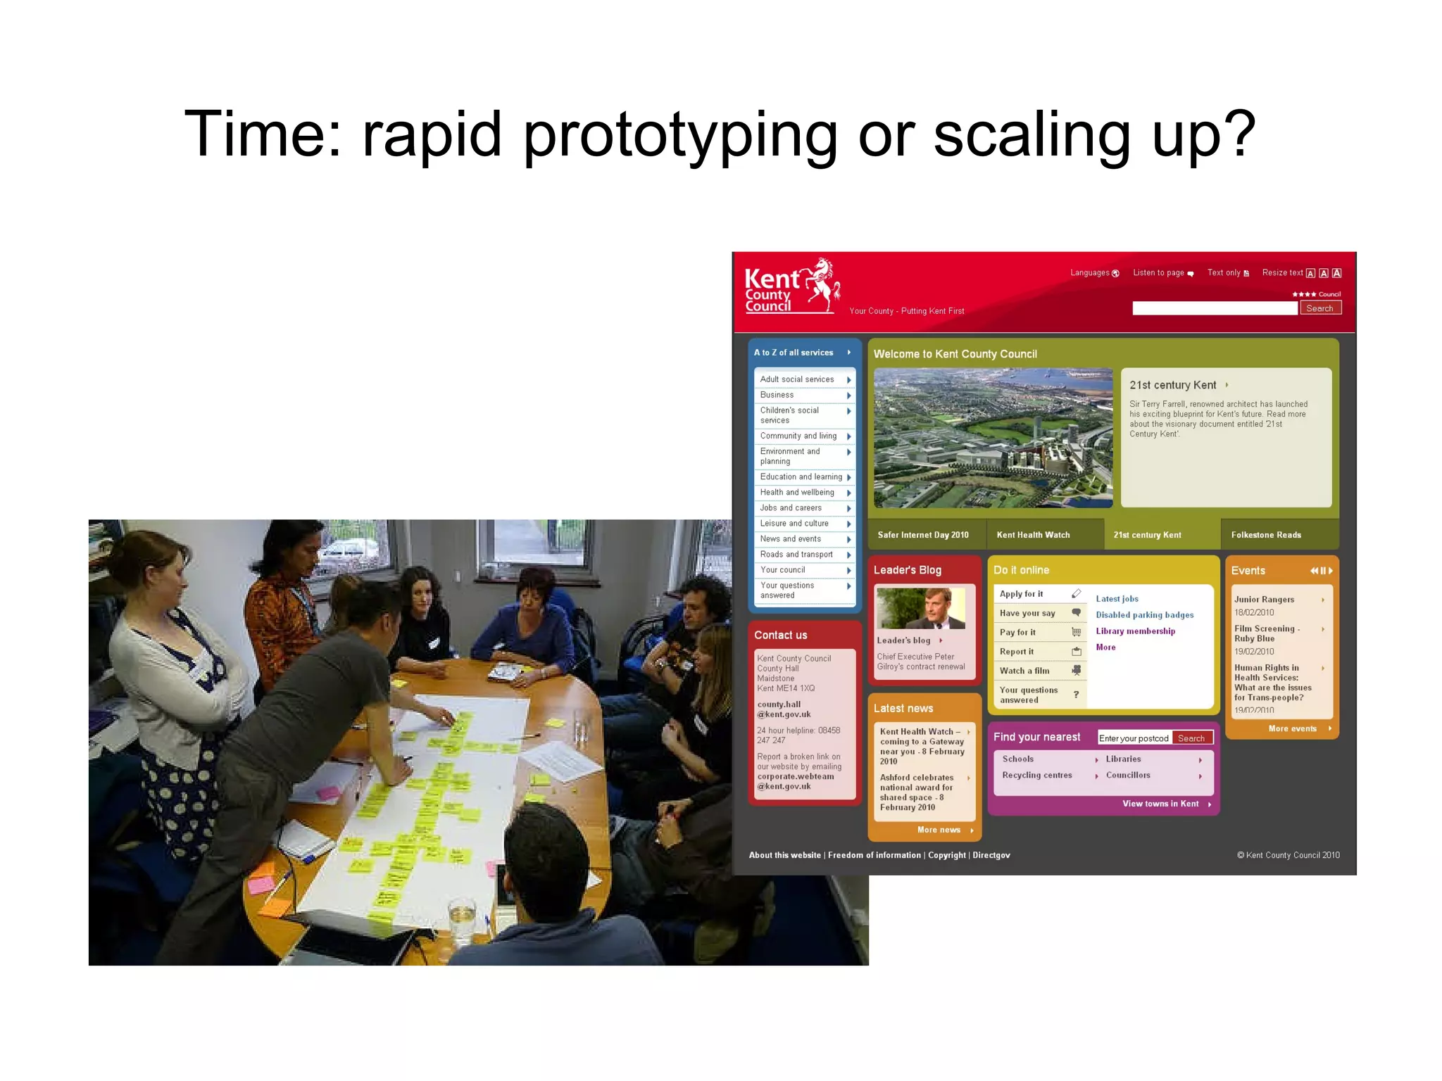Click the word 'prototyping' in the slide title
[x=680, y=135]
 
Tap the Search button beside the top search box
[x=1319, y=308]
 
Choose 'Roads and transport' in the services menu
[x=796, y=555]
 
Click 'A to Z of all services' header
[x=794, y=353]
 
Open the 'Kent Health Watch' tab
[x=1033, y=535]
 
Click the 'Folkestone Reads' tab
[x=1266, y=535]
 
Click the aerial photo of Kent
[x=993, y=438]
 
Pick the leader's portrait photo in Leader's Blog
[x=920, y=608]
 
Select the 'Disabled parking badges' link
[x=1144, y=615]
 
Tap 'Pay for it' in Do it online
[x=1017, y=633]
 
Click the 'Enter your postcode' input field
[x=1134, y=738]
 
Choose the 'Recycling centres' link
[x=1036, y=776]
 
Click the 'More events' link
[x=1292, y=729]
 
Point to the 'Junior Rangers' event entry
[x=1264, y=600]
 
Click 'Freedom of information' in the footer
[x=874, y=855]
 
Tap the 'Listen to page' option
[x=1158, y=273]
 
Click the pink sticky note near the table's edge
[x=261, y=883]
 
